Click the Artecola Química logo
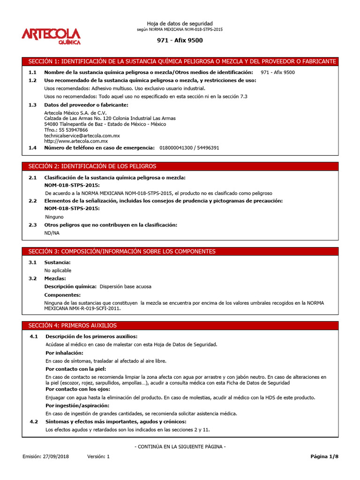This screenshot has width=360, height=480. coord(51,36)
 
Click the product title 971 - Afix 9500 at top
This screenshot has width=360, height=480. coord(180,40)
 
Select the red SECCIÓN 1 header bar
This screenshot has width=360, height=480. coord(180,61)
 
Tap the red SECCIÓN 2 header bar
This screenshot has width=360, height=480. coord(180,166)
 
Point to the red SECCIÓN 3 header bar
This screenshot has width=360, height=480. coord(180,251)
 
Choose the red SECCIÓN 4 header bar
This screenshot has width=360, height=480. coord(180,325)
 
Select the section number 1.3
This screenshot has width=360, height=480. coord(32,105)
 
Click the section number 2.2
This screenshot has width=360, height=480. coord(32,201)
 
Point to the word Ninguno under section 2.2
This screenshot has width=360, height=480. coord(54,217)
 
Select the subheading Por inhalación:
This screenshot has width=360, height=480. coord(64,352)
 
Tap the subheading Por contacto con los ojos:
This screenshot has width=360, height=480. coord(77,389)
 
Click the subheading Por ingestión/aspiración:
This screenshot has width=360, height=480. coord(77,405)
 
